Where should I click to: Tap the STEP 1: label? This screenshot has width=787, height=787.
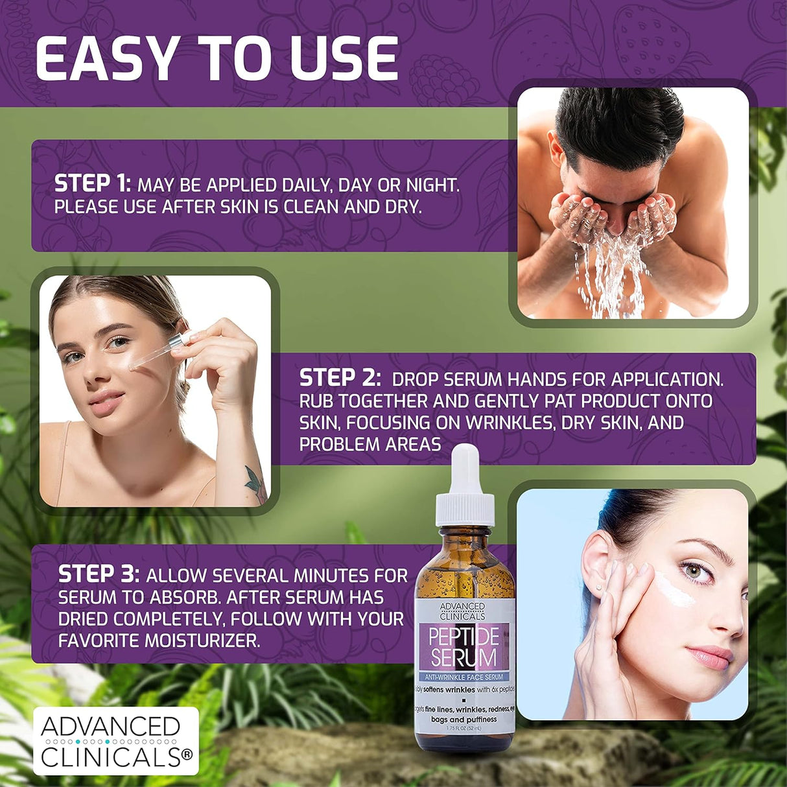pos(93,184)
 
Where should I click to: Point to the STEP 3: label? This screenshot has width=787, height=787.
pos(99,574)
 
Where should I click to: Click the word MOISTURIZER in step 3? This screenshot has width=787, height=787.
pos(202,640)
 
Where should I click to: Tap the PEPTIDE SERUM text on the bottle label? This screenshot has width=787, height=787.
pos(463,647)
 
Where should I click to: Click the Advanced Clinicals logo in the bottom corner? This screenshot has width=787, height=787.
pos(116,741)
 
